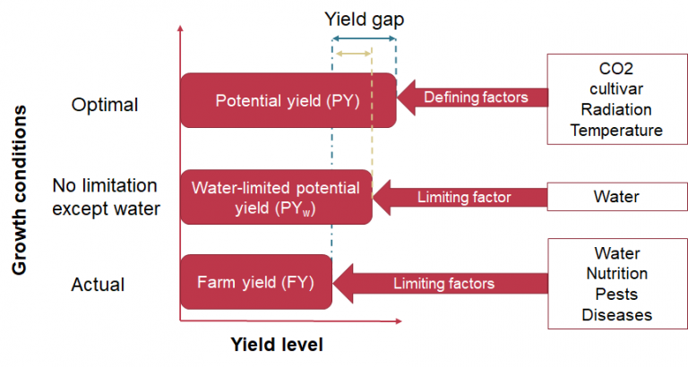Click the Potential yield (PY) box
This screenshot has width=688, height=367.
click(288, 99)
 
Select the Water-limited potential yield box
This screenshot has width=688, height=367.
click(276, 196)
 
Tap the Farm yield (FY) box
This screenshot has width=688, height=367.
click(255, 283)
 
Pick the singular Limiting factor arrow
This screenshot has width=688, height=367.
click(460, 195)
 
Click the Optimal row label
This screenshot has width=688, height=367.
click(104, 105)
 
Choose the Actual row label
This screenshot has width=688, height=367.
click(98, 286)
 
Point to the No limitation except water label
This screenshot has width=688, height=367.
click(105, 197)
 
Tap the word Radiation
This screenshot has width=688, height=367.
click(615, 109)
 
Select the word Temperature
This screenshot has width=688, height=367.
click(615, 130)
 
